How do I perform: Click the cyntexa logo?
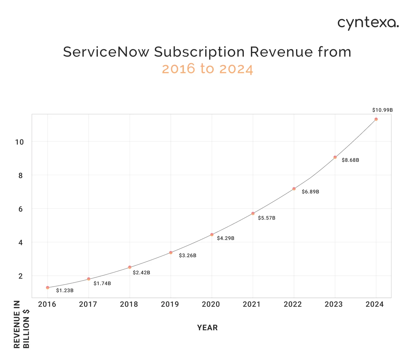point(368,23)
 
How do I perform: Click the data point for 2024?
point(376,119)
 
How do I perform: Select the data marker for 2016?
point(48,288)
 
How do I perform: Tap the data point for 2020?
point(212,234)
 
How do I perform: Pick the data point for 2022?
point(294,189)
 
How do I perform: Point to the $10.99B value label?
point(382,110)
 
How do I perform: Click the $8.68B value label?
point(350,160)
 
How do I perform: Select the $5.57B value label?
point(267,218)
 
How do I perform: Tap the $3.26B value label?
point(187,256)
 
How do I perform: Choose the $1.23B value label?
point(65,291)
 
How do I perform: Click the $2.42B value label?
point(141,273)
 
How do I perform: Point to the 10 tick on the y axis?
point(19,142)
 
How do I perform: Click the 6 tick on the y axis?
point(21,209)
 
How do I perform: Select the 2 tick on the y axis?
point(21,276)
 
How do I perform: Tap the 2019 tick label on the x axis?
point(170,305)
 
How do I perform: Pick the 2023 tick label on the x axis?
point(334,305)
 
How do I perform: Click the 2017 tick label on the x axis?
point(88,305)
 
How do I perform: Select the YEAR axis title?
point(207,328)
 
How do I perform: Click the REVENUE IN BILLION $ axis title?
point(22,324)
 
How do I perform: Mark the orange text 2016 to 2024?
point(207,69)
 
